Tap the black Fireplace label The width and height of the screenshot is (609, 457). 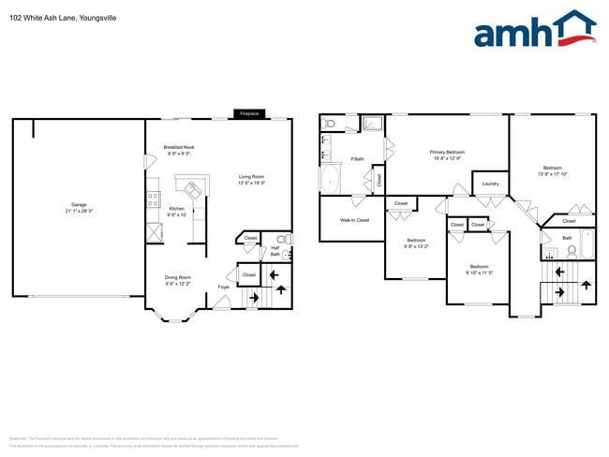[249, 113]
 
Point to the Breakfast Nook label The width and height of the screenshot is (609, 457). [178, 151]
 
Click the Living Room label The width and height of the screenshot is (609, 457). [251, 180]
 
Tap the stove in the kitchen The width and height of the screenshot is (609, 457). [152, 199]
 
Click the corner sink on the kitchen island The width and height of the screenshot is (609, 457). [194, 190]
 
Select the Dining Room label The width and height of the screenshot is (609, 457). [178, 281]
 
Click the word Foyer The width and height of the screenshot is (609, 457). [224, 287]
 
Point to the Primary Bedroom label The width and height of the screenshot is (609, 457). [448, 155]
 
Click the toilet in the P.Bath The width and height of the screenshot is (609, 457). [328, 123]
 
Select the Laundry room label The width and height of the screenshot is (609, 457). [490, 184]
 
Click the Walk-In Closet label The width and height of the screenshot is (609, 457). [354, 220]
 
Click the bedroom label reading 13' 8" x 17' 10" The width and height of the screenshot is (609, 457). [551, 171]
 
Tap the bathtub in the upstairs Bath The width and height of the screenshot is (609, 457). [587, 243]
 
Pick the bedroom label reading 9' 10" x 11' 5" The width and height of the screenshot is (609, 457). [479, 268]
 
